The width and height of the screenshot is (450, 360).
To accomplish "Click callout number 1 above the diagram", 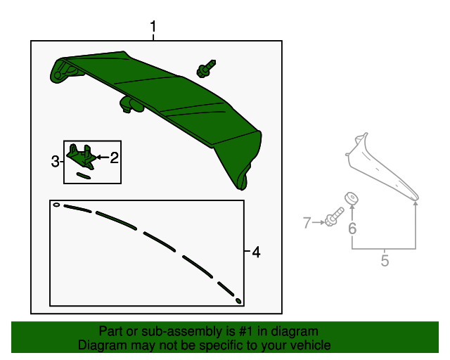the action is (153, 27).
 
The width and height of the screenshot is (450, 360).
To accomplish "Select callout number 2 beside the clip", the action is (114, 157).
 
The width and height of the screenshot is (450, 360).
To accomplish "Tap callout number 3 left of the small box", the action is (55, 161).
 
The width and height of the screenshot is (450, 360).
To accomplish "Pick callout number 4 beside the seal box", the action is (256, 252).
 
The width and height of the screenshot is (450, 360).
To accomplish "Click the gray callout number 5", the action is (385, 260).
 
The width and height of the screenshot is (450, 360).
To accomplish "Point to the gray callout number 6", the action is (352, 229).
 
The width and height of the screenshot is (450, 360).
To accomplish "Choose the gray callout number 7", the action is (307, 223).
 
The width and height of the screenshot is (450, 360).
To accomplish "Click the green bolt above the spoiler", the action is (206, 69).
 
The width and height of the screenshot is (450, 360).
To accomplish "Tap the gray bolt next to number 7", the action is (334, 217).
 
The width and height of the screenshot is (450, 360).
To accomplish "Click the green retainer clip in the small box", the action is (81, 156).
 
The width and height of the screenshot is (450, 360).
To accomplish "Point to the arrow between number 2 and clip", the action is (103, 157).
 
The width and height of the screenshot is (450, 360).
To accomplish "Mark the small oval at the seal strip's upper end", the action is (56, 205).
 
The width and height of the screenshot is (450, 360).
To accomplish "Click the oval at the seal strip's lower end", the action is (238, 301).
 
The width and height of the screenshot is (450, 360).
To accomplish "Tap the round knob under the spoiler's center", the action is (131, 105).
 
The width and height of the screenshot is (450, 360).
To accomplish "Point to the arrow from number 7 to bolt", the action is (319, 222).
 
